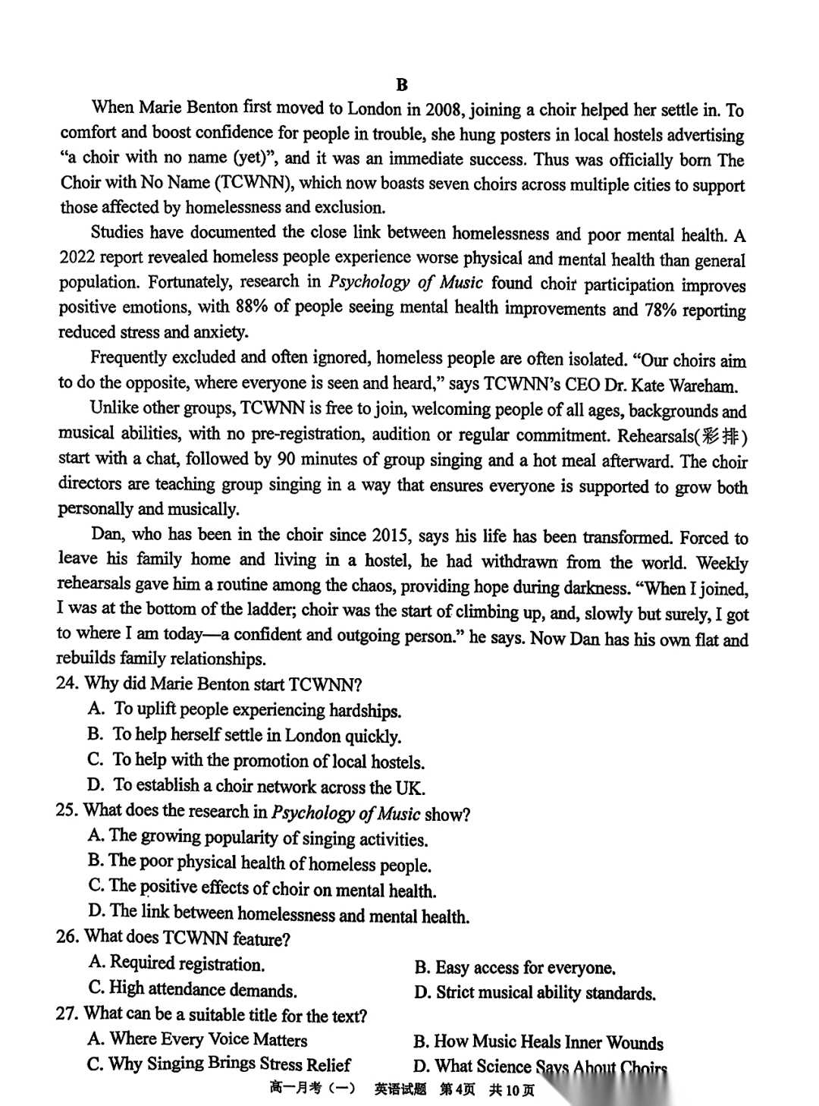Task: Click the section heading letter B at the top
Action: (402, 84)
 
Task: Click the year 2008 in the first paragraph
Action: (444, 109)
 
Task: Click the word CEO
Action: (581, 385)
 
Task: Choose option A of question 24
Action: (244, 709)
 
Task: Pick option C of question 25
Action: (262, 888)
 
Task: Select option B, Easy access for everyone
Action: (515, 967)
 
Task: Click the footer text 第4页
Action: (457, 1089)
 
